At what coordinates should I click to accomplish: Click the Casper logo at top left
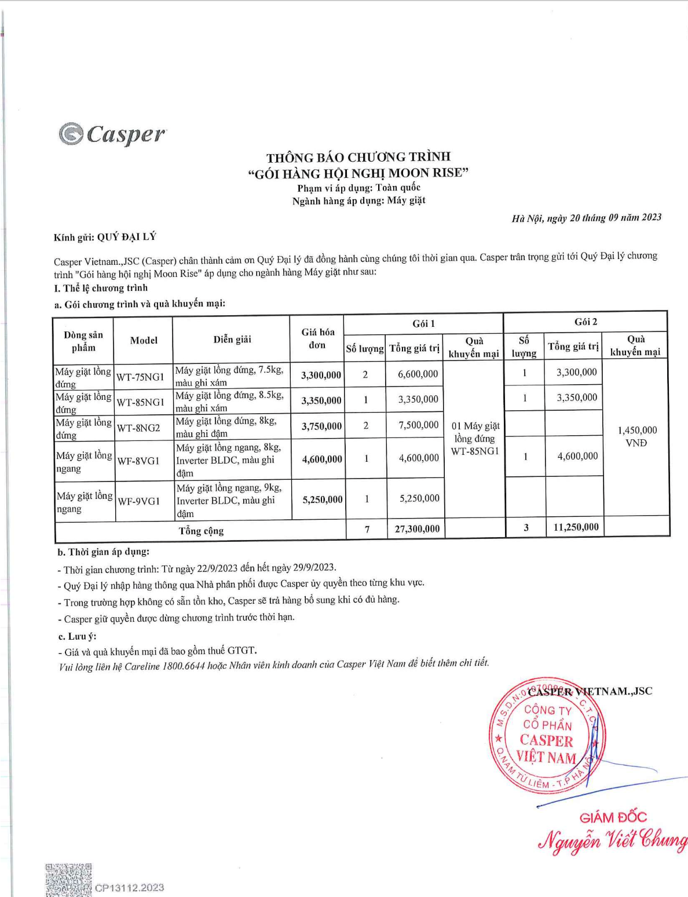pyautogui.click(x=112, y=134)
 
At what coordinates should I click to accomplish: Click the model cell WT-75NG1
pyautogui.click(x=140, y=377)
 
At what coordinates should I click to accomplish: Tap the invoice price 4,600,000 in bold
pyautogui.click(x=321, y=459)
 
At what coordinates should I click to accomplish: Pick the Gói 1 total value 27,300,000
pyautogui.click(x=417, y=528)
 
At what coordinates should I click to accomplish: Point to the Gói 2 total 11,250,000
pyautogui.click(x=576, y=527)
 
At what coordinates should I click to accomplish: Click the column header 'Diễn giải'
pyautogui.click(x=232, y=340)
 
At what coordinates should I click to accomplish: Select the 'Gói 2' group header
pyautogui.click(x=585, y=322)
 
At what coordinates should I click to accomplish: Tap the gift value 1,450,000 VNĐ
pyautogui.click(x=636, y=436)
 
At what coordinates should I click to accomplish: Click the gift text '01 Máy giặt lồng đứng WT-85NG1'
pyautogui.click(x=475, y=438)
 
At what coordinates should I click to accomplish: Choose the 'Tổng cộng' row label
pyautogui.click(x=201, y=531)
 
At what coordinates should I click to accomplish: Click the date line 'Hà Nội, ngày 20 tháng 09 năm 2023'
pyautogui.click(x=586, y=218)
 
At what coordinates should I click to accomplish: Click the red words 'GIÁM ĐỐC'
pyautogui.click(x=613, y=817)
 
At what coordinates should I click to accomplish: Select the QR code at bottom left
pyautogui.click(x=68, y=880)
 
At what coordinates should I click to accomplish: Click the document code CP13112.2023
pyautogui.click(x=129, y=887)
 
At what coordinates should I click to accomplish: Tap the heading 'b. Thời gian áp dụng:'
pyautogui.click(x=103, y=552)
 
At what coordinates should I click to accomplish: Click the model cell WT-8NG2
pyautogui.click(x=138, y=428)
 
